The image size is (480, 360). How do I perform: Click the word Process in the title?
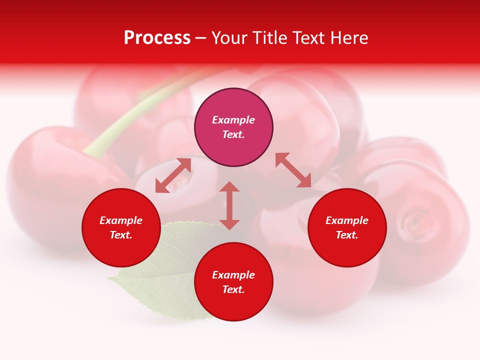coord(157,38)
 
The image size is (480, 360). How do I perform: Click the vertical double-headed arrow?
coord(229,205)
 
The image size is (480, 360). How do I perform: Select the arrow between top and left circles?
coord(173,175)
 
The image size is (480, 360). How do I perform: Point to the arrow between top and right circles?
coord(293,170)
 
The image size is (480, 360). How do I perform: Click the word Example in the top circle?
coord(233,120)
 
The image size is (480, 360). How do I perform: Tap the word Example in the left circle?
coord(121,220)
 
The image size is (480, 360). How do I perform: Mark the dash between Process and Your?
coord(200,38)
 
